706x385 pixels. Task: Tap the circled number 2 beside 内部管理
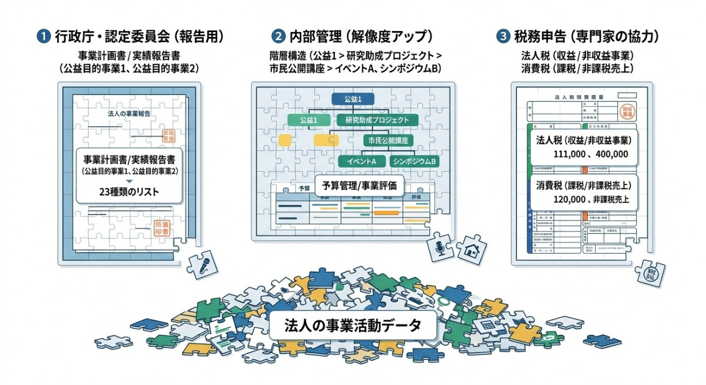[278, 36]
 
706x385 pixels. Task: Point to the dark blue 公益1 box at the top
[352, 99]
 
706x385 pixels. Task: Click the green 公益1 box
[308, 120]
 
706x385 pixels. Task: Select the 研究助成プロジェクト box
[378, 120]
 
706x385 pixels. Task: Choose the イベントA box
[362, 161]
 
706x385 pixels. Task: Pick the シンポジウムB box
[415, 161]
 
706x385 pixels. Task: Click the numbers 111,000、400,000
[590, 154]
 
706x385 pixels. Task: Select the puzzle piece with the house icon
[468, 250]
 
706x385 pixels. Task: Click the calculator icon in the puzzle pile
[484, 325]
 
